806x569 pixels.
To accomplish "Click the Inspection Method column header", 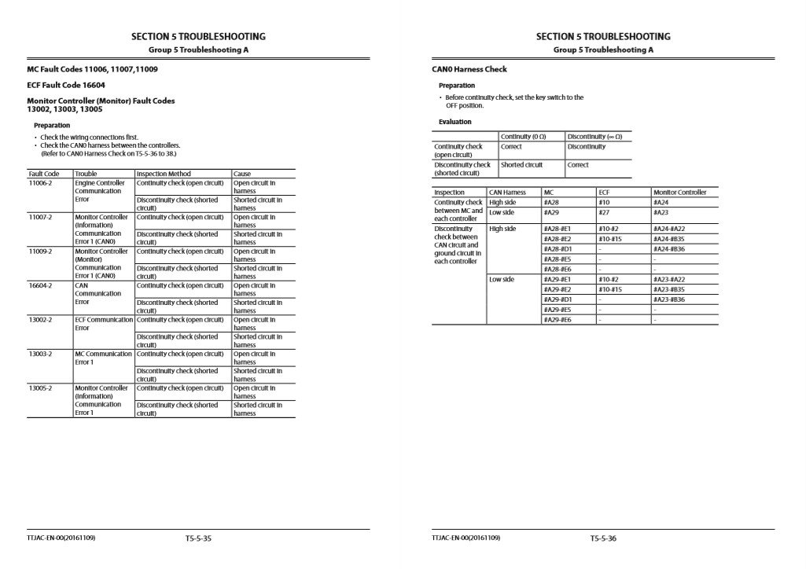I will click(x=164, y=174).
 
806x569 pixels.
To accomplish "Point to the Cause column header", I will click(x=242, y=174).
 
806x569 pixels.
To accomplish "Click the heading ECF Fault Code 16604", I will click(x=66, y=85).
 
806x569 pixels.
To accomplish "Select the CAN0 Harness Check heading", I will click(x=469, y=69).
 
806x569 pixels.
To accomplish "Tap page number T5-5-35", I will click(x=199, y=538).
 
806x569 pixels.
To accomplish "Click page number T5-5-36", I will click(x=603, y=538).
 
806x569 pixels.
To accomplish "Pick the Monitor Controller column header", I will click(x=679, y=193).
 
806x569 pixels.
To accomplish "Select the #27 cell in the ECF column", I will click(x=604, y=212).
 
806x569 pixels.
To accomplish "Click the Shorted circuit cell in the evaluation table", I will click(x=521, y=165).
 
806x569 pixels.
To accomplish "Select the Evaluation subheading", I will click(x=455, y=122).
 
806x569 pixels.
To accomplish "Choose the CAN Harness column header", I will click(x=507, y=193).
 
